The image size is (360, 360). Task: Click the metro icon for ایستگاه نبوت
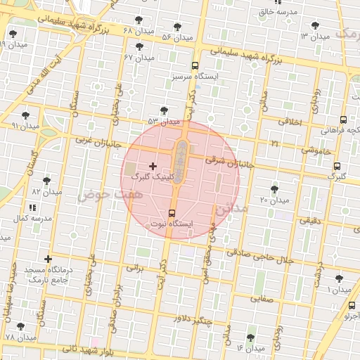(x=172, y=212)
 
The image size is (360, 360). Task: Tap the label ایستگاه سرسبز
(x=190, y=74)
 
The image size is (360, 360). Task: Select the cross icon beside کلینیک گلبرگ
(x=153, y=166)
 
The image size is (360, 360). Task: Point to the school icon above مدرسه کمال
(x=32, y=207)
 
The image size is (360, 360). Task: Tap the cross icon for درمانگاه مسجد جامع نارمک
(x=48, y=259)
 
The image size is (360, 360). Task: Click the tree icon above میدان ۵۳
(x=164, y=110)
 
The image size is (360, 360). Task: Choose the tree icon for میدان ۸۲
(x=46, y=181)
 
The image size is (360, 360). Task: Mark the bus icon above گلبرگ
(x=337, y=167)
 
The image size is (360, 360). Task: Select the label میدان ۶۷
(x=139, y=57)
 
